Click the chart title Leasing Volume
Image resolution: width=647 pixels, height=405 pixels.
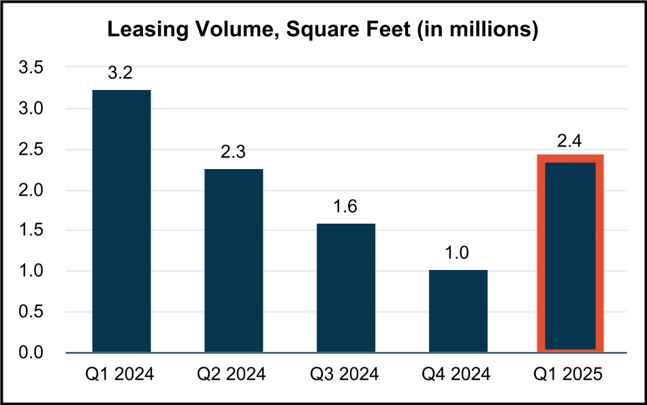(323, 30)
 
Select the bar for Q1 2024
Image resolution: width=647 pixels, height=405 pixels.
(121, 221)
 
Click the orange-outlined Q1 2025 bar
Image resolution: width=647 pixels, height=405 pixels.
(570, 254)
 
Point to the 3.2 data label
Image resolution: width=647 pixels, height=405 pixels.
(121, 74)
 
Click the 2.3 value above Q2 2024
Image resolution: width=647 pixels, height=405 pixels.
(233, 153)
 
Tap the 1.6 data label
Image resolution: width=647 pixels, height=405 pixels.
(345, 207)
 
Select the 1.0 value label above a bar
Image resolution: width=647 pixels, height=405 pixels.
(458, 254)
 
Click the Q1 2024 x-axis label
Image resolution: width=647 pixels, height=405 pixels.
(121, 374)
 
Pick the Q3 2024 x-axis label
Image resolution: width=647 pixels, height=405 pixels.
(345, 374)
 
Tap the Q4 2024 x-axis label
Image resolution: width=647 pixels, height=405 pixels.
(458, 374)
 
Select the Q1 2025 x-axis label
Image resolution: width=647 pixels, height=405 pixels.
(570, 374)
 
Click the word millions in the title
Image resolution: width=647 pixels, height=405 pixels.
(490, 30)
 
